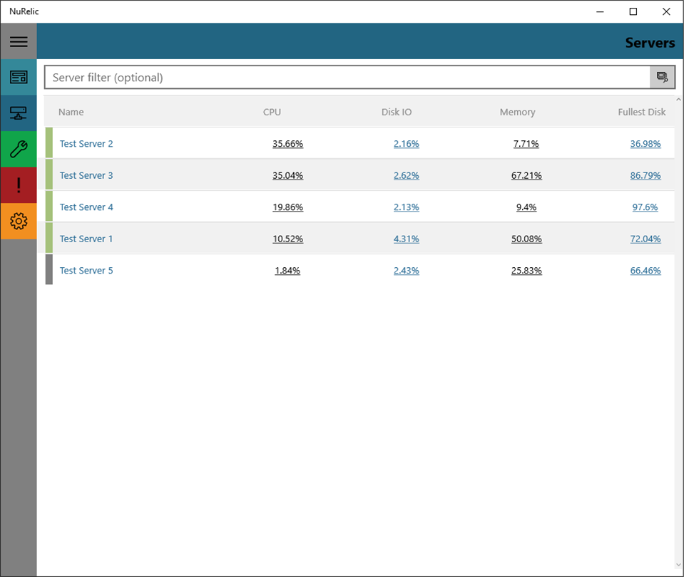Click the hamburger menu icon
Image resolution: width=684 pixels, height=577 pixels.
coord(19,41)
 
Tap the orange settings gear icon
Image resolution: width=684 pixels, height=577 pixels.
coord(19,221)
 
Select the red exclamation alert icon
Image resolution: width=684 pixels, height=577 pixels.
coord(19,184)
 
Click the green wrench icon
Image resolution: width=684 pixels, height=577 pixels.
coord(19,149)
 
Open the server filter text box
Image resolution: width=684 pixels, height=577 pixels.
coord(347,78)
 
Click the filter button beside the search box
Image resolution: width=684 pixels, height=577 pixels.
coord(662,78)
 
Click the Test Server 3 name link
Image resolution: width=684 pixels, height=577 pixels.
coord(86,175)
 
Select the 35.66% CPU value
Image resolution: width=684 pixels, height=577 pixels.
coord(288,144)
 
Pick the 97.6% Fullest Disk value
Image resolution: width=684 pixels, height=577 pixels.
coord(645,207)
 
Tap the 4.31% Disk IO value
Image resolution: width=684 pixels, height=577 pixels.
coord(406,239)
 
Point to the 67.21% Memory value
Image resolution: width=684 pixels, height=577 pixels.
coord(526,176)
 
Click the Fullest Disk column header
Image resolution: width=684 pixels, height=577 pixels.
coord(642,112)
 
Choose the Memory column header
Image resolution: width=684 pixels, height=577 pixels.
coord(517,112)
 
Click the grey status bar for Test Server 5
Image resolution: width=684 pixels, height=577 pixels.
coord(49,269)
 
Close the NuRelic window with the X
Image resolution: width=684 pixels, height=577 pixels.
coord(666,12)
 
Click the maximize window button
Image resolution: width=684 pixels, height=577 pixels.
coord(633,12)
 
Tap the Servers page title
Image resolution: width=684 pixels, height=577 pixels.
coord(650,43)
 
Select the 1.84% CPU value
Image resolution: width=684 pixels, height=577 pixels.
coord(287,271)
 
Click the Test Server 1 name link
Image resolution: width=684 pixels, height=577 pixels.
coord(86,239)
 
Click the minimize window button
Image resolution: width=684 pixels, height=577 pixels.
coord(601,12)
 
